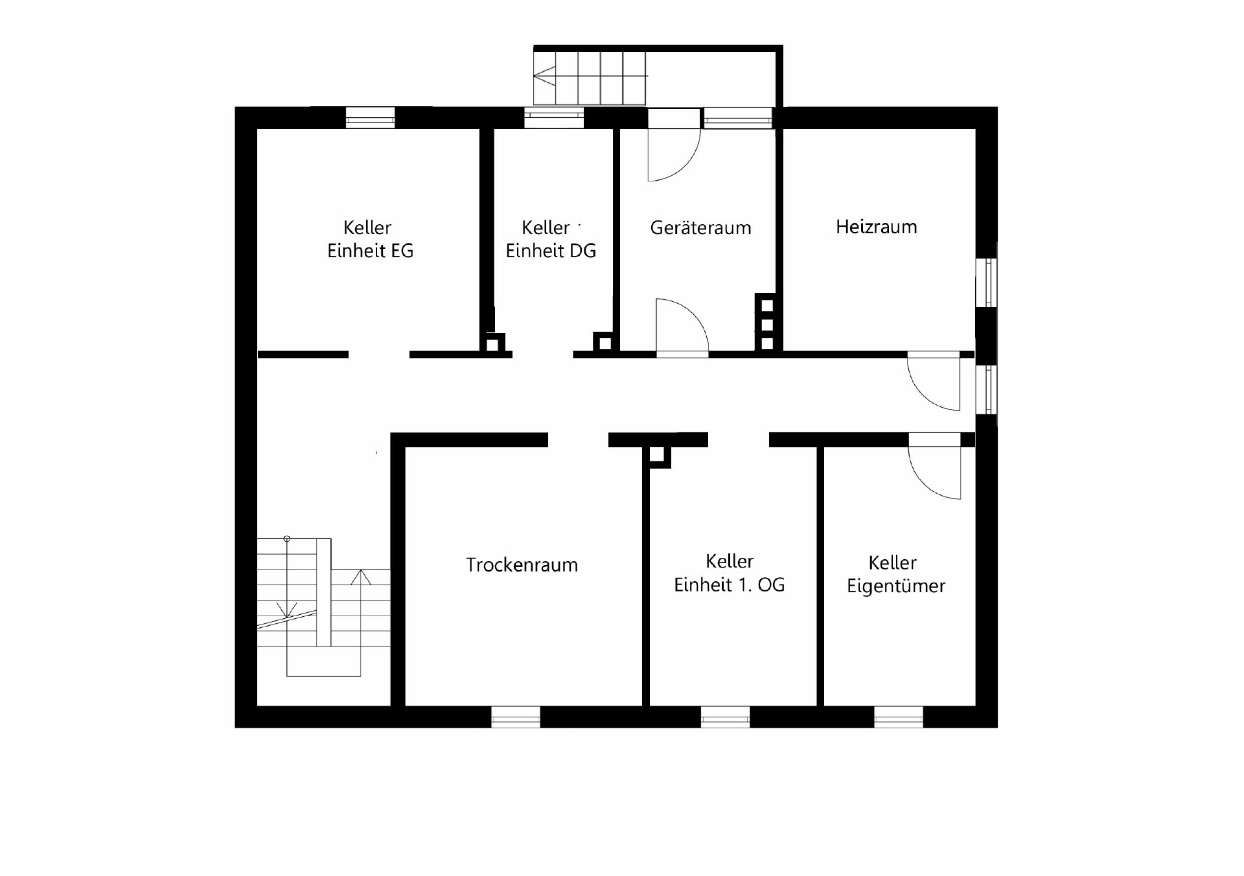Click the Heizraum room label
pyautogui.click(x=876, y=227)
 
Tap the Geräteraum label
pyautogui.click(x=700, y=227)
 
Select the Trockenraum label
pyautogui.click(x=522, y=565)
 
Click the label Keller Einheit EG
pyautogui.click(x=370, y=239)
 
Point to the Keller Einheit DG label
pyautogui.click(x=551, y=239)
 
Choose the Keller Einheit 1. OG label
pyautogui.click(x=730, y=573)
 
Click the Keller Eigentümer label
pyautogui.click(x=896, y=574)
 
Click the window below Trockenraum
pyautogui.click(x=516, y=717)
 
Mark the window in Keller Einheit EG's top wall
pyautogui.click(x=370, y=117)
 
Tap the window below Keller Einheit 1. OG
pyautogui.click(x=725, y=717)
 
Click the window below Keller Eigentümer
pyautogui.click(x=899, y=717)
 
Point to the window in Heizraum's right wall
pyautogui.click(x=987, y=282)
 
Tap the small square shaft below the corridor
pyautogui.click(x=657, y=455)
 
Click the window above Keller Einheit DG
pyautogui.click(x=554, y=117)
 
